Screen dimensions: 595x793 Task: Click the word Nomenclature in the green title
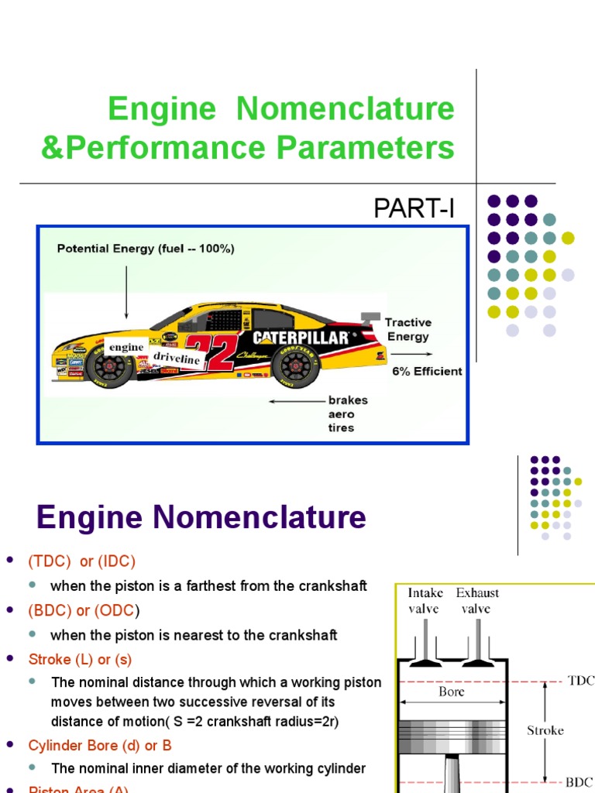[346, 108]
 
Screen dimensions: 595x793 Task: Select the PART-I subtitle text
[414, 208]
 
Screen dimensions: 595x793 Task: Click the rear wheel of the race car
[295, 367]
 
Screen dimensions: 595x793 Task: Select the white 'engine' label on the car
[126, 347]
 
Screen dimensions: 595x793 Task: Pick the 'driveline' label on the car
[177, 359]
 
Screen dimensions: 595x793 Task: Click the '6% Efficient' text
[427, 371]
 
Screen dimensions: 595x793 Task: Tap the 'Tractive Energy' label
[408, 329]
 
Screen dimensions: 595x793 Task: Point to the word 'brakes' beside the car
[348, 400]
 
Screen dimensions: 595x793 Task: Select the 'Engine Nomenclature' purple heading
[201, 517]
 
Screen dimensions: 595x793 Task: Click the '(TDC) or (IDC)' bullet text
[81, 561]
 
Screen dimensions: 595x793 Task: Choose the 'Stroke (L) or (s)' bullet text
[80, 660]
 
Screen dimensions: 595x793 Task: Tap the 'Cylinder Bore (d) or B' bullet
[100, 745]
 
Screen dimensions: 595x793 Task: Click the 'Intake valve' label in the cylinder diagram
[425, 600]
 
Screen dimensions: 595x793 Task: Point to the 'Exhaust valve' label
[477, 600]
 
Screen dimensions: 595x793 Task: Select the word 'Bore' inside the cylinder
[452, 692]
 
